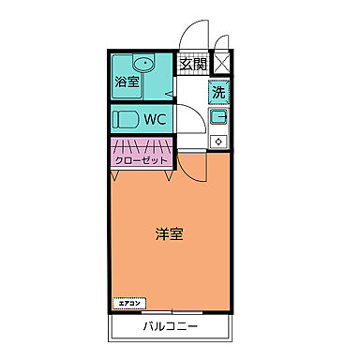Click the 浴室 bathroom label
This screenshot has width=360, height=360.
click(124, 82)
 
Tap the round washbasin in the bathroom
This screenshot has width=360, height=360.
click(143, 64)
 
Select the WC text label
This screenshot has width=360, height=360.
click(155, 120)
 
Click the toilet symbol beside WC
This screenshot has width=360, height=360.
click(126, 120)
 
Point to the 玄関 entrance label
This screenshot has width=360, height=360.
click(193, 65)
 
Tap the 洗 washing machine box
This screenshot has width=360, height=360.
click(218, 93)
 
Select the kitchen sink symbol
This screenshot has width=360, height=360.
click(218, 118)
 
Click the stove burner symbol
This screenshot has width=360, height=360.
click(218, 142)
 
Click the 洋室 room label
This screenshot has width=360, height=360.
click(169, 233)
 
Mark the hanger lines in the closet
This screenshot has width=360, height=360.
click(142, 145)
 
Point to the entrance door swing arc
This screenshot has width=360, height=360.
click(192, 36)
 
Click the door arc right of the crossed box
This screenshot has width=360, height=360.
click(222, 41)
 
